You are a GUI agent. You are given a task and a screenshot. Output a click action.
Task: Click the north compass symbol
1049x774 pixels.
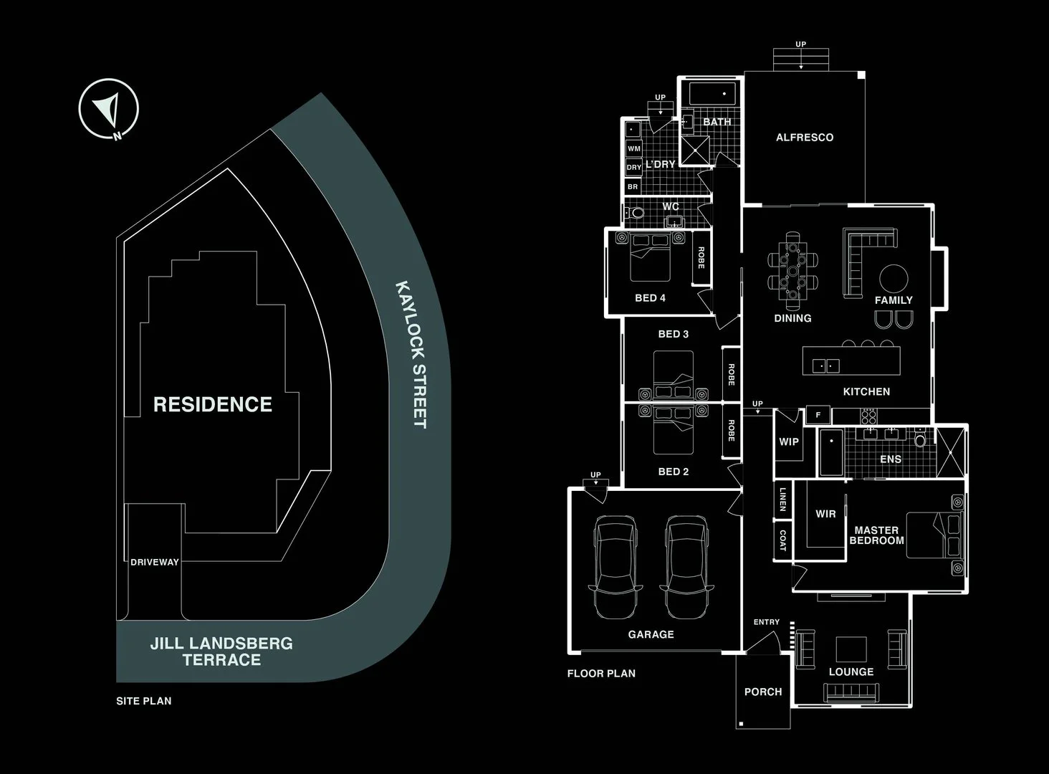coord(108,109)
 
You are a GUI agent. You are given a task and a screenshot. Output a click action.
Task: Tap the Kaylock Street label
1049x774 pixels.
coord(411,355)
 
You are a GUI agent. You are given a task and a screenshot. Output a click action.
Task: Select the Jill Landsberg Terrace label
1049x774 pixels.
coord(221,651)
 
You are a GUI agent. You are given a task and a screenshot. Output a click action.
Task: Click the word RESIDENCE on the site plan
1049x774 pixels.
coord(213,404)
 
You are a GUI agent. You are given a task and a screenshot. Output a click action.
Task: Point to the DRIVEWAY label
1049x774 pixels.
coord(155,562)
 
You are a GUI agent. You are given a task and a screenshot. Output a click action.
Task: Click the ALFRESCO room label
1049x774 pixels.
coord(805,137)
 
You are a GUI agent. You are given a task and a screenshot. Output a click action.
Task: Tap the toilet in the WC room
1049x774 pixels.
coord(636,213)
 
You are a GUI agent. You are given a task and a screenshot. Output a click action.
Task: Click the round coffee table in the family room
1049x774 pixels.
coord(894,278)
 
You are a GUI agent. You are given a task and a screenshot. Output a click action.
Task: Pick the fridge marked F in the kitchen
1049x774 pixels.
coord(818,415)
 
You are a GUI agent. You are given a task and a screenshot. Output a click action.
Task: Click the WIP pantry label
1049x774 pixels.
coord(789,441)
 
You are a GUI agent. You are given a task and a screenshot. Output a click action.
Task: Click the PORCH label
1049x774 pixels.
coord(763,692)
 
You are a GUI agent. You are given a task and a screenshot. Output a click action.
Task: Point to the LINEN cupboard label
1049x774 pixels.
coord(782,499)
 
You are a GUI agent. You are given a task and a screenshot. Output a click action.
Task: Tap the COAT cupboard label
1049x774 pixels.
coord(782,540)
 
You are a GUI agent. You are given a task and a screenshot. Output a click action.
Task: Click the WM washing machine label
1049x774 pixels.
coord(634,148)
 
